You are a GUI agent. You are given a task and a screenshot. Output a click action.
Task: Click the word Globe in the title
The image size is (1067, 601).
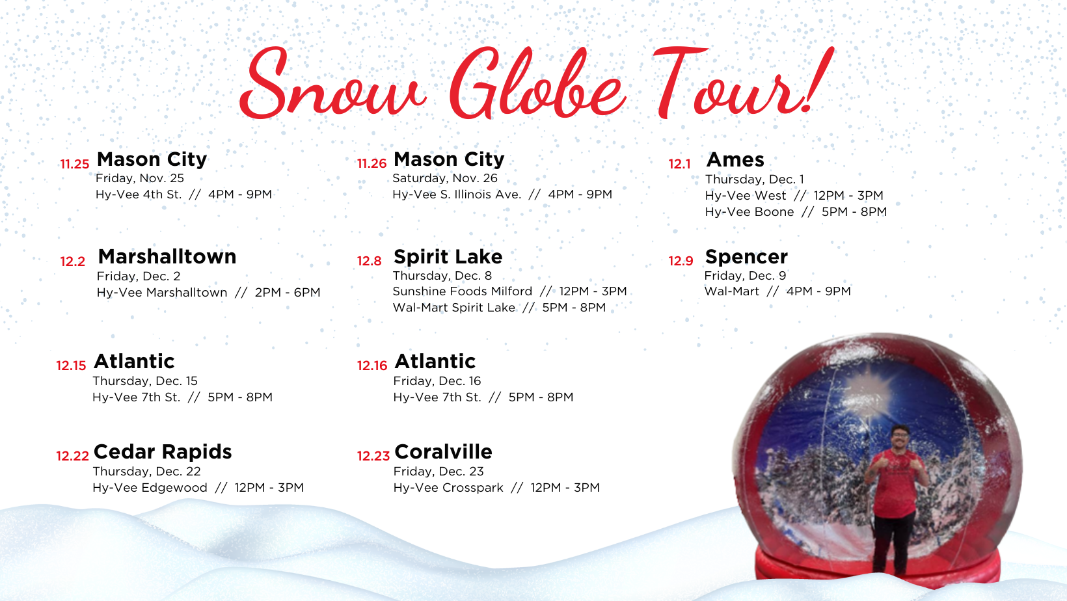click(x=537, y=83)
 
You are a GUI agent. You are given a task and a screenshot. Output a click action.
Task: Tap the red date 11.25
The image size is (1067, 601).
click(x=75, y=164)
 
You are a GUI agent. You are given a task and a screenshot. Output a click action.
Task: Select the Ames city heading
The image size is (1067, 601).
click(x=735, y=159)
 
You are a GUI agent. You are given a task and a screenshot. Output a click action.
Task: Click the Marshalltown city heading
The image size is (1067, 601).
click(x=167, y=257)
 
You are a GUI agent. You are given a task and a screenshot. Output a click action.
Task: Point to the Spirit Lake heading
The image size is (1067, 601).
click(x=448, y=257)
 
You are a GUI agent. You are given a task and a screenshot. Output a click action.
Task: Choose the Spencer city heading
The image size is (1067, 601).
click(x=746, y=257)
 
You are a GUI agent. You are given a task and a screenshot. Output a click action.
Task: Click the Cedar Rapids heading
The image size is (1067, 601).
click(x=163, y=452)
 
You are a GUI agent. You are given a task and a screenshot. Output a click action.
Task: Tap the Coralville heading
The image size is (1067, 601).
click(x=444, y=451)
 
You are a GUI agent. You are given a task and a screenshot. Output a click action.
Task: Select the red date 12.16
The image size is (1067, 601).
click(x=372, y=366)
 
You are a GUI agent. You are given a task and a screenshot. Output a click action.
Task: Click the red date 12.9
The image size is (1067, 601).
click(x=681, y=261)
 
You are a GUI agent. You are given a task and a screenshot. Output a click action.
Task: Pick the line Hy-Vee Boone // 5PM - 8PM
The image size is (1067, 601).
click(x=796, y=212)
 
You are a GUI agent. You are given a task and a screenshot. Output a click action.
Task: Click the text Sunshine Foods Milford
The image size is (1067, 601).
click(x=462, y=291)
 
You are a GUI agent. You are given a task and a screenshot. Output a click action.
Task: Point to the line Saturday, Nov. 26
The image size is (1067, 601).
click(x=445, y=178)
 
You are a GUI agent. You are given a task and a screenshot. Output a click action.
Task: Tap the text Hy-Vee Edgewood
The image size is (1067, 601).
click(x=150, y=488)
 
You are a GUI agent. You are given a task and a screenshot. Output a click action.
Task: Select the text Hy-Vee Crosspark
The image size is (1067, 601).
click(x=448, y=488)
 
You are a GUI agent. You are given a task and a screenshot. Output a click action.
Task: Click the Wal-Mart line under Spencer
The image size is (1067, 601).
click(x=777, y=291)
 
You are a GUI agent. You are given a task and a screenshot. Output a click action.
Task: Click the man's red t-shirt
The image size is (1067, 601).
click(x=895, y=482)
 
